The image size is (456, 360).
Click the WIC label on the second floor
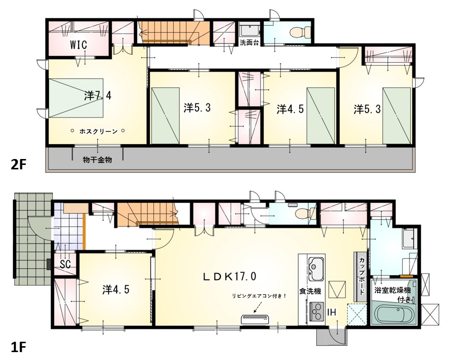pyautogui.click(x=78, y=45)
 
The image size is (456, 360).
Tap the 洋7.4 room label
pyautogui.click(x=98, y=95)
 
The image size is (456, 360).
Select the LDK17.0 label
pyautogui.click(x=229, y=276)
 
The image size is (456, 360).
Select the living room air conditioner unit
pyautogui.click(x=255, y=319)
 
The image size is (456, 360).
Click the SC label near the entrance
pyautogui.click(x=65, y=264)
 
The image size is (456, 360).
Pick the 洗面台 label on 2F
pyautogui.click(x=249, y=42)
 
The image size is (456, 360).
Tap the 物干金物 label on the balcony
pyautogui.click(x=97, y=160)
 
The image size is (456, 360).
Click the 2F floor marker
pyautogui.click(x=18, y=165)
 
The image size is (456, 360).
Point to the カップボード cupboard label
pyautogui.click(x=362, y=276)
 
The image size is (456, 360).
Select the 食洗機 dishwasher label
pyautogui.click(x=310, y=291)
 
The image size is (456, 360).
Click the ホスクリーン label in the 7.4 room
pyautogui.click(x=99, y=131)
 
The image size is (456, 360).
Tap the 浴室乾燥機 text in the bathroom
pyautogui.click(x=393, y=290)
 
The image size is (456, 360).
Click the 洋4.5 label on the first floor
pyautogui.click(x=116, y=289)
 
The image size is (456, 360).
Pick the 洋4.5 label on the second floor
pyautogui.click(x=290, y=109)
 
